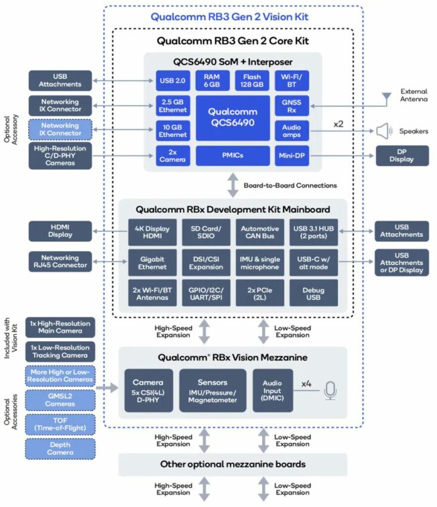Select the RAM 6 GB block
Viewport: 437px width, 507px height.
point(212,81)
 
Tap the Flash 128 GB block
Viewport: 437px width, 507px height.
point(251,81)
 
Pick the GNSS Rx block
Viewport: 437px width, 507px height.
point(291,106)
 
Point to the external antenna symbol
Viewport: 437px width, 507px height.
point(387,95)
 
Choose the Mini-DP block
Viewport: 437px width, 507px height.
point(291,157)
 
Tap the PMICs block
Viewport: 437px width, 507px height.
point(233,157)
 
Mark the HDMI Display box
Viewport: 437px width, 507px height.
point(60,231)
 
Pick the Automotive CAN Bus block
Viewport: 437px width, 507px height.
point(260,233)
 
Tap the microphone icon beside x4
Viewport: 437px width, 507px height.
point(330,390)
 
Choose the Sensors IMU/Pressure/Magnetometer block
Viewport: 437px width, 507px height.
point(212,390)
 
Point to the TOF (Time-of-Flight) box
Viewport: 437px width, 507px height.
point(60,424)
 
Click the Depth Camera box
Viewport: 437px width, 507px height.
point(60,449)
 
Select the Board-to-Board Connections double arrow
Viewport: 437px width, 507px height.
point(233,185)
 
